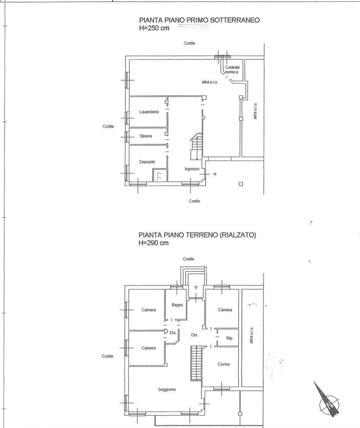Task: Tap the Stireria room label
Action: click(146, 136)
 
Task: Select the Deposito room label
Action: click(148, 161)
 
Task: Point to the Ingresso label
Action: click(192, 169)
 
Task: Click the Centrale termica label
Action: click(232, 70)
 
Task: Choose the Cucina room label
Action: click(224, 364)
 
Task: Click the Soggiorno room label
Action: click(167, 390)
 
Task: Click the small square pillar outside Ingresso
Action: click(240, 183)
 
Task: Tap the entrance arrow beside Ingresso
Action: click(214, 174)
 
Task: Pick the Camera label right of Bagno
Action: click(225, 310)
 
